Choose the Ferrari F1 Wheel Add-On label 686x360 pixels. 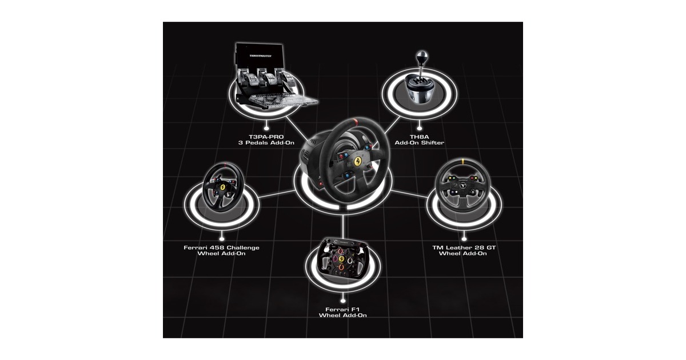(x=342, y=311)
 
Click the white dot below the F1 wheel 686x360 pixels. (x=342, y=298)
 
